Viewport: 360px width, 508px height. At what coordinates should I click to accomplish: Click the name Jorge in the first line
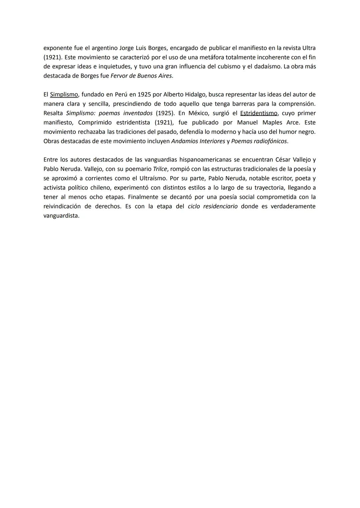(127, 48)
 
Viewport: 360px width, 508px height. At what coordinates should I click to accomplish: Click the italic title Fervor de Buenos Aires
(141, 76)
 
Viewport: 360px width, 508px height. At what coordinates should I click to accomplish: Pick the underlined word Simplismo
(64, 94)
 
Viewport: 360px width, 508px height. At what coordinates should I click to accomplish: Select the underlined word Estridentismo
(259, 113)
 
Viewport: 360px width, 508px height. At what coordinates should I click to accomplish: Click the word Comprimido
(95, 122)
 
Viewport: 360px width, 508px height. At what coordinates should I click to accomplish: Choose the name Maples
(272, 122)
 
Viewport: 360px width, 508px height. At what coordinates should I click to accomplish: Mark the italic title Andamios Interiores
(198, 141)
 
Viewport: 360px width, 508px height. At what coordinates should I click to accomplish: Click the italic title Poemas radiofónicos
(259, 141)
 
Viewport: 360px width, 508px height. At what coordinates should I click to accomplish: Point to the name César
(283, 160)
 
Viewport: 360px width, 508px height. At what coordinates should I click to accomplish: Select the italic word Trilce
(160, 169)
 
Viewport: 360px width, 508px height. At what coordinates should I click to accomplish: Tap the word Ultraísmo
(151, 178)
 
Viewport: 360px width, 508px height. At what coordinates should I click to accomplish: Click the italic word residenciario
(220, 206)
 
